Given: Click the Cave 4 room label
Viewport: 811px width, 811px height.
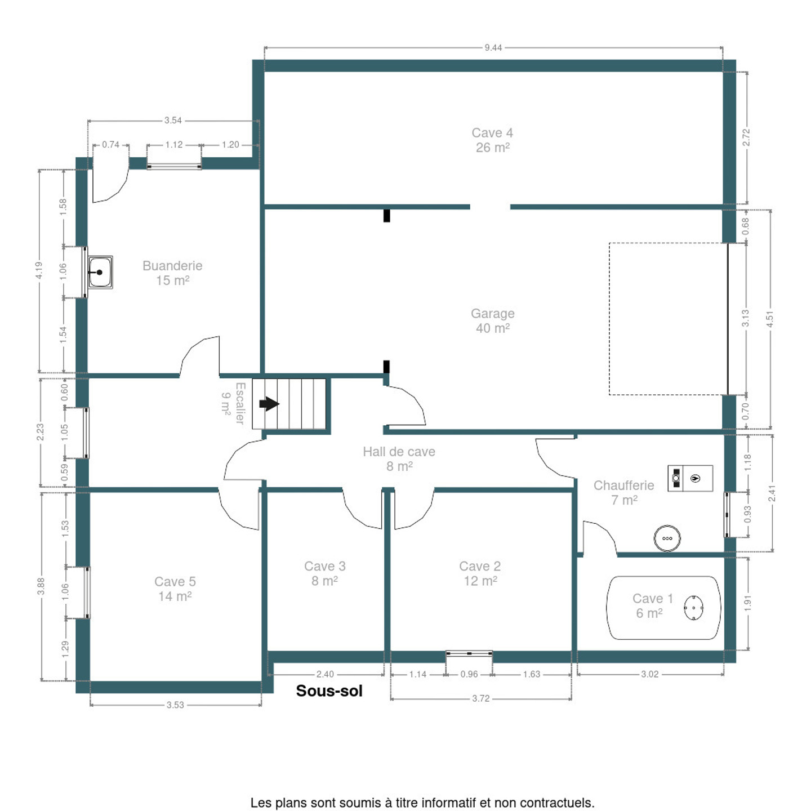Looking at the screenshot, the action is [492, 140].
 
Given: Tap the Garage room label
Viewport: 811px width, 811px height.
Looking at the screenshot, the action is [492, 320].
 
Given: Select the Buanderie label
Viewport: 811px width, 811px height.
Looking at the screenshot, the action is [172, 273].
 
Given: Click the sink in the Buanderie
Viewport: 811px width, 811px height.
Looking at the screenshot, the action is [100, 272].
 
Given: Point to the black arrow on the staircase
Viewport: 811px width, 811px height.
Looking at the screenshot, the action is [269, 404].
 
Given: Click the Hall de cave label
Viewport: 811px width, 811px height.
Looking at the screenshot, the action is [399, 459].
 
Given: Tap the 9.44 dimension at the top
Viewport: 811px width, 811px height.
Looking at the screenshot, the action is [493, 47].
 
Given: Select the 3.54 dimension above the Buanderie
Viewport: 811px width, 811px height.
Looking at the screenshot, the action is [172, 121].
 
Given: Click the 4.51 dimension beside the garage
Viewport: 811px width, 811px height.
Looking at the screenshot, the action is [770, 319].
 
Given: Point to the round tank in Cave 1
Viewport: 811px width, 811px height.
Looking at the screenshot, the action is [693, 608].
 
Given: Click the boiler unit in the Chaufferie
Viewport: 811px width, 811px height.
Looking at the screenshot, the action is [690, 478].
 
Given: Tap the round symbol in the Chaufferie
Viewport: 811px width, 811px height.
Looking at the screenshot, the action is [667, 538].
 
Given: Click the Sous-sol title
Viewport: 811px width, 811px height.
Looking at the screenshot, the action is [329, 690].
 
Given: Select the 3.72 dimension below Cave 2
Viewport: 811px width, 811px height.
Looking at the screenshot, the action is [480, 698].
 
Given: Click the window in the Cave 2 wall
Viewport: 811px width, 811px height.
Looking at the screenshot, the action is [469, 653].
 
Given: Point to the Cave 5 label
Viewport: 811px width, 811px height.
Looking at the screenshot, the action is [175, 589].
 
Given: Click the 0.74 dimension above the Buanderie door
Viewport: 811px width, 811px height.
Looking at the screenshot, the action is [111, 144].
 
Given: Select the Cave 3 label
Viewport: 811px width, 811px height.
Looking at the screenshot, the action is [324, 574].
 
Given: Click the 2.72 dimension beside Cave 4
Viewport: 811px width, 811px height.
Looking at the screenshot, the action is [746, 137].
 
